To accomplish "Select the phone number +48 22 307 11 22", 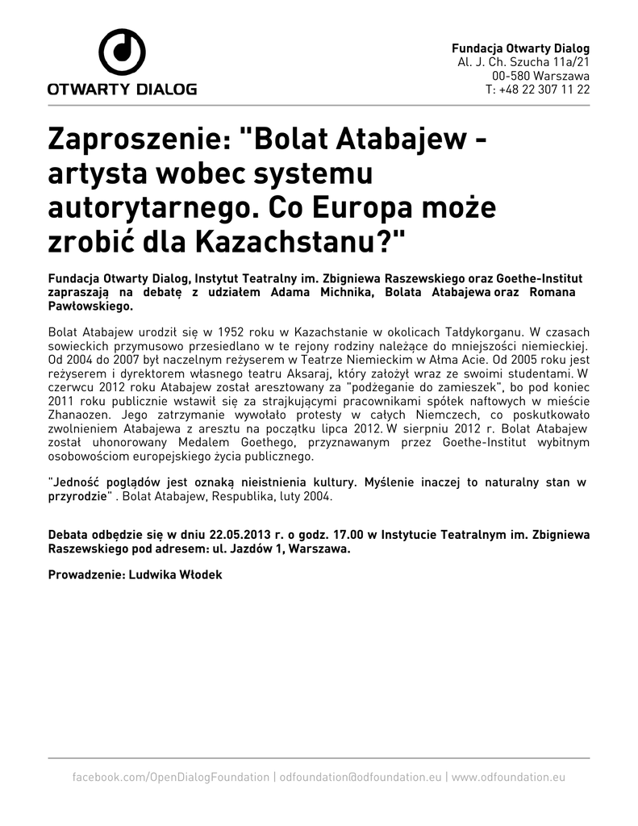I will point(544,90).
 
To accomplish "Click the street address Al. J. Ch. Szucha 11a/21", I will point(523,62).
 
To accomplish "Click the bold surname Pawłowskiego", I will point(90,307).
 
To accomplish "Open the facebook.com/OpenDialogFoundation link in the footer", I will point(171,777).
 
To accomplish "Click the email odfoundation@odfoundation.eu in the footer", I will point(360,777).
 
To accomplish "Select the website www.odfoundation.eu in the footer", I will point(508,777).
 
